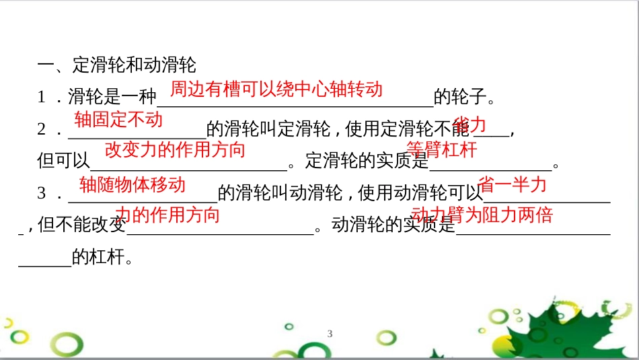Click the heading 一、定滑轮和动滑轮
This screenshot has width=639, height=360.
point(116,65)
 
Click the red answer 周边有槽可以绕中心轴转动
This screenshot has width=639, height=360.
point(276,89)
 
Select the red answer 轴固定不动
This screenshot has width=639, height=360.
point(118,120)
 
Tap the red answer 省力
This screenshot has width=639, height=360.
point(470,123)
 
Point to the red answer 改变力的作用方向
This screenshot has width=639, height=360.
point(175,149)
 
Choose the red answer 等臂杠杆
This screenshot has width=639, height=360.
point(441,149)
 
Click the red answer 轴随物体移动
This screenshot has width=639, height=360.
point(132,184)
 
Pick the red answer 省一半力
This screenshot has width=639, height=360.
point(512,184)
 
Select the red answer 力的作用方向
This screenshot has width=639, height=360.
point(167,215)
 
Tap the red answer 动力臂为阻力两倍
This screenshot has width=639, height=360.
point(482,215)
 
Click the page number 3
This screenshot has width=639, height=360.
point(330,334)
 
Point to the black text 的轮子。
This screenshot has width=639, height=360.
point(465,98)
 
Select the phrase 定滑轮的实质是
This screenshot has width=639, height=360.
point(367,161)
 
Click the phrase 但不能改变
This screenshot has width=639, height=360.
point(82,225)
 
